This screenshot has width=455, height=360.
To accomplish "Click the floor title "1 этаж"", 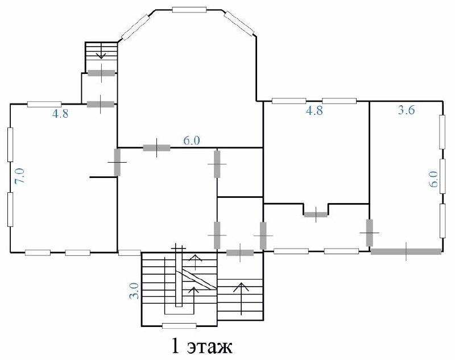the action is tap(202, 345).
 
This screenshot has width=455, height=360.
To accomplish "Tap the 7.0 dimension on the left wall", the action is tap(20, 176).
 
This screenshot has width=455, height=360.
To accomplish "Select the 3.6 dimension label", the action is tap(406, 110).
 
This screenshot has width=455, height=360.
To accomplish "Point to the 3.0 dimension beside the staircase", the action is tap(134, 291).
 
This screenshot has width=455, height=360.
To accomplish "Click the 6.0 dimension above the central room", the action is tap(192, 140).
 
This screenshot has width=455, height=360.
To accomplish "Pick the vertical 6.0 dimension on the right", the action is tap(433, 179).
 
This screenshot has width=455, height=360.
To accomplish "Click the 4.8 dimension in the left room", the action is tap(60, 114).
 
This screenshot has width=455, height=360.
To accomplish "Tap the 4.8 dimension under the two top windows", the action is tap(315, 111).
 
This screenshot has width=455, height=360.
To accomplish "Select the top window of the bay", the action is tap(189, 10).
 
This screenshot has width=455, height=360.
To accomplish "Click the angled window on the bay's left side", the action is tap(135, 27).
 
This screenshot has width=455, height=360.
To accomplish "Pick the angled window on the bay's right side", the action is tap(239, 23).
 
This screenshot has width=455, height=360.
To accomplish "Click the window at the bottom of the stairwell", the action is tap(179, 326).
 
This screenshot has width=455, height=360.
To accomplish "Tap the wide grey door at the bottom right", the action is tap(406, 251).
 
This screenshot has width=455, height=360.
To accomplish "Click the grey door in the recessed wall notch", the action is tap(316, 214).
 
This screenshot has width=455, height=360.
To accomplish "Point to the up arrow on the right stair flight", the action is tap(241, 299).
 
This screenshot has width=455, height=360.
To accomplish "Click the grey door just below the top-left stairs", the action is tap(101, 73).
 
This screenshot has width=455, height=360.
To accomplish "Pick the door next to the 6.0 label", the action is tap(157, 148).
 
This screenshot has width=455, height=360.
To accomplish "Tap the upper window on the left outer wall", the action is tap(10, 144).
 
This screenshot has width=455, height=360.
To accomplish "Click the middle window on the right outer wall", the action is tap(442, 176).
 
